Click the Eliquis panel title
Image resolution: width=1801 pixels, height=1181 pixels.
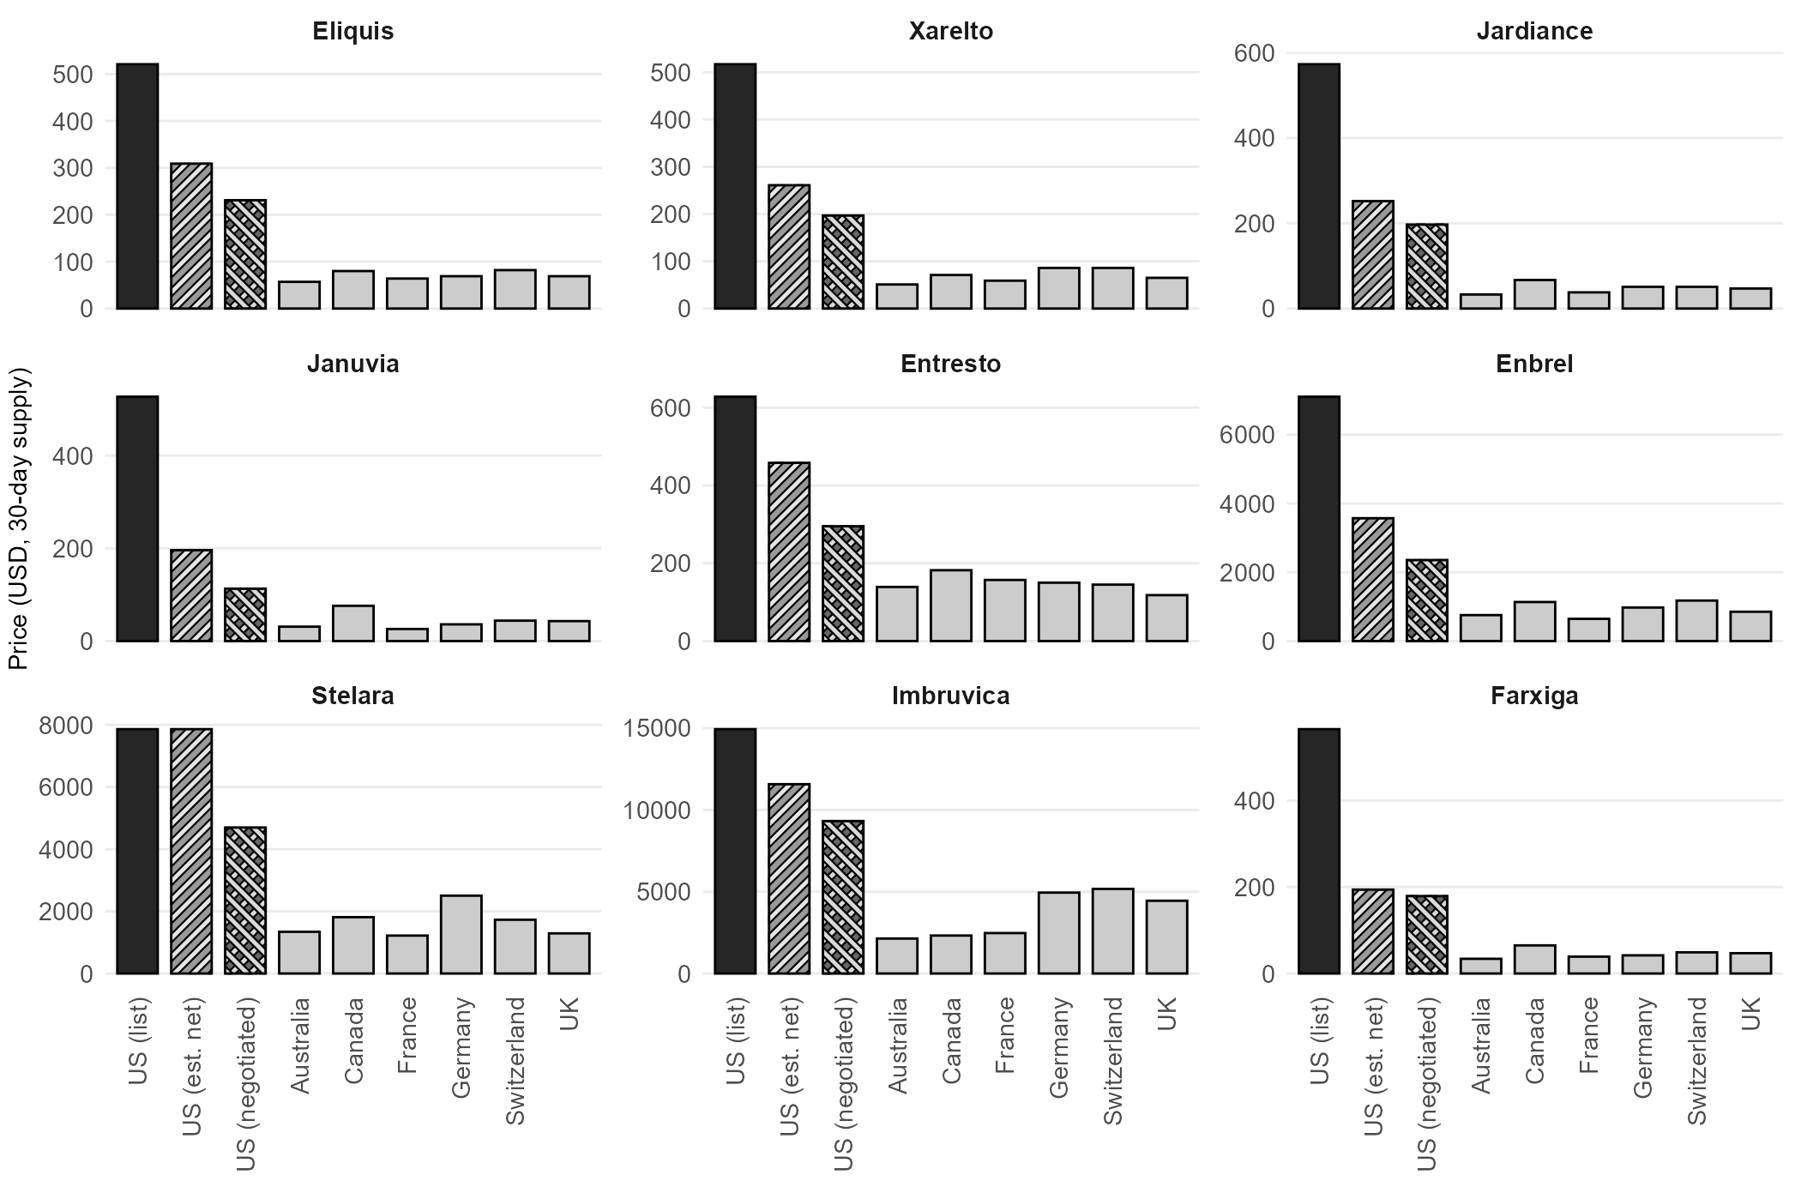352,32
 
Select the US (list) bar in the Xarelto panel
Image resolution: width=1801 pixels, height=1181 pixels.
735,186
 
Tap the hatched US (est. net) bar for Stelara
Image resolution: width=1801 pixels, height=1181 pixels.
191,851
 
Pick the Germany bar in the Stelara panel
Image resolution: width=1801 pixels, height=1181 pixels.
461,935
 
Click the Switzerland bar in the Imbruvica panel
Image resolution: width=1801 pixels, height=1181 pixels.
1112,931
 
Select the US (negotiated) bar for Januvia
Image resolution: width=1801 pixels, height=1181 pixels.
245,615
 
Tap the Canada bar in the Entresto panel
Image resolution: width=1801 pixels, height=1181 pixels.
950,606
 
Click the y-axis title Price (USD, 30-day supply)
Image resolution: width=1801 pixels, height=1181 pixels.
19,519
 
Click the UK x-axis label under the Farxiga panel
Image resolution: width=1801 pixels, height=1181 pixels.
1751,1014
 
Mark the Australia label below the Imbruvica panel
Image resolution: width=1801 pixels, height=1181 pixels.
897,1045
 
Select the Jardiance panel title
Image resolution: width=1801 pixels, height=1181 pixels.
1534,32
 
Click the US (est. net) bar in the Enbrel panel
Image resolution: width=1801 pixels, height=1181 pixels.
1372,580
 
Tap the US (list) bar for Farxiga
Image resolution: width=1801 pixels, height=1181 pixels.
1319,851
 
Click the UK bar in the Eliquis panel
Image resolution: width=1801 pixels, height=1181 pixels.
569,292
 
